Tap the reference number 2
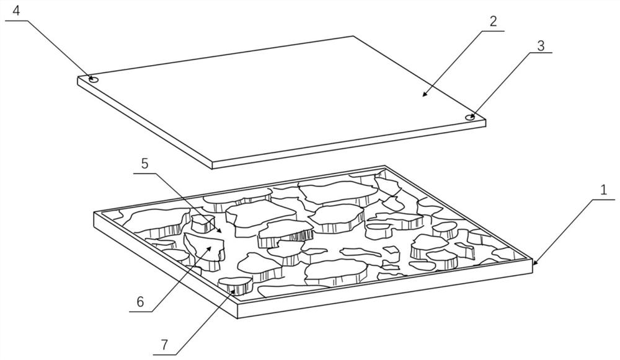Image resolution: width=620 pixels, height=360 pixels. (494, 20)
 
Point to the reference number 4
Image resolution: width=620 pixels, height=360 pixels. (15, 11)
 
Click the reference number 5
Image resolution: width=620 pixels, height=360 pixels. (144, 164)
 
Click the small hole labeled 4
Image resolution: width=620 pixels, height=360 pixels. (93, 79)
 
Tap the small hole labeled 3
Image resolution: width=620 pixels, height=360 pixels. (471, 116)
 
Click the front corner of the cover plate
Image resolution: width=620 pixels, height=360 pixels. (213, 166)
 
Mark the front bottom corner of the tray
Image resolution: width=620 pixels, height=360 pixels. (238, 317)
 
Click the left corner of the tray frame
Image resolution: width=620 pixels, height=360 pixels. (94, 214)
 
